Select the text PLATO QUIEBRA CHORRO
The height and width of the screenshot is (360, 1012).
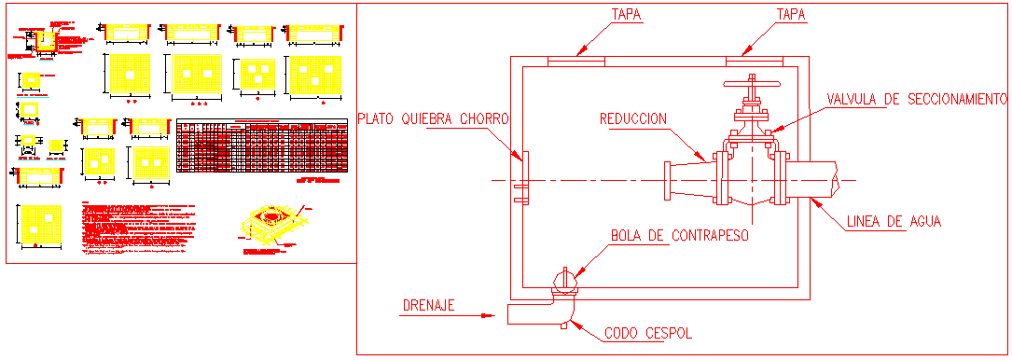point(433,119)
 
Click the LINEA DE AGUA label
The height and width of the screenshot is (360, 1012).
point(894,222)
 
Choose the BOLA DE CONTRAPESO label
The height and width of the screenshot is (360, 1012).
point(681,236)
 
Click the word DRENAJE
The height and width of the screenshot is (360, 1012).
point(428,305)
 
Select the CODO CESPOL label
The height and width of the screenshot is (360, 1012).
point(648,332)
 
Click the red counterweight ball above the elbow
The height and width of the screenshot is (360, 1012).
point(565,278)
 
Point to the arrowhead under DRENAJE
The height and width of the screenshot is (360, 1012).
point(487,316)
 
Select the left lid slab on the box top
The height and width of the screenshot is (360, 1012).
point(575,61)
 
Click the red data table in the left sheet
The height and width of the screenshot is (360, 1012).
point(262,145)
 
